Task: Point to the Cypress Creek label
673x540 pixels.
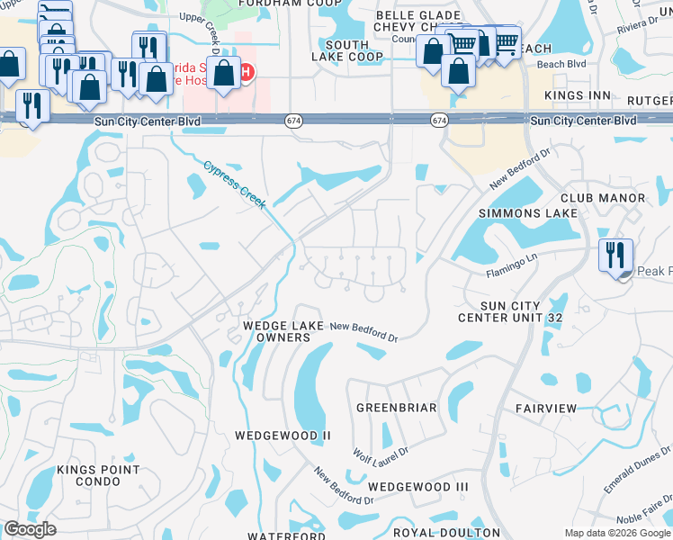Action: (x=234, y=184)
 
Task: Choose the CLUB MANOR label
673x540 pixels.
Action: (x=603, y=198)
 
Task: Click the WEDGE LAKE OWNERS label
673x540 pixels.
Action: (x=276, y=331)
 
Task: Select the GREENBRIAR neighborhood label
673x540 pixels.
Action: (x=397, y=408)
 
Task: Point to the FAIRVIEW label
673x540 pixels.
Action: (x=546, y=409)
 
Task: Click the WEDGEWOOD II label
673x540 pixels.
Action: (x=283, y=436)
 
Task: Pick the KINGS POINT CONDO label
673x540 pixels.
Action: (x=98, y=475)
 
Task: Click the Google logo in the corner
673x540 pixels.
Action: (x=30, y=530)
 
